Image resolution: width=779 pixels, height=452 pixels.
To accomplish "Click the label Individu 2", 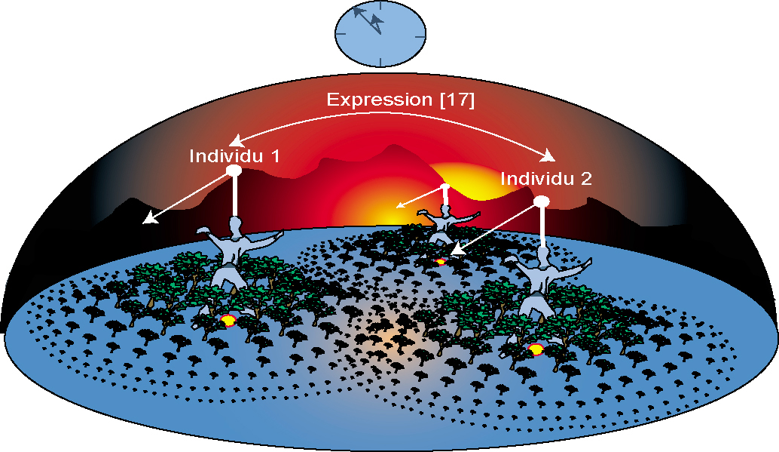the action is (x=546, y=179).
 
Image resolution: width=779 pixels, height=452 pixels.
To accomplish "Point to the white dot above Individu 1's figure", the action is (x=234, y=171).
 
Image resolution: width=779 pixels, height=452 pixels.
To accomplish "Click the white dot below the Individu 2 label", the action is (x=541, y=201).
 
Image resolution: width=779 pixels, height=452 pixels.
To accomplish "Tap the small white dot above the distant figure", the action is (x=444, y=186).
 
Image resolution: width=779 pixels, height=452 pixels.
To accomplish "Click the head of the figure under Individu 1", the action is (x=235, y=223).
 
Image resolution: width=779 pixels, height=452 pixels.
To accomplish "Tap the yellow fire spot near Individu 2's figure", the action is (x=536, y=349).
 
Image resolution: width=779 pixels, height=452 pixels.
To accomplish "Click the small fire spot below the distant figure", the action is (x=441, y=262).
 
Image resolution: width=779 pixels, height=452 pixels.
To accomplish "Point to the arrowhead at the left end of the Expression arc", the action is (x=235, y=141).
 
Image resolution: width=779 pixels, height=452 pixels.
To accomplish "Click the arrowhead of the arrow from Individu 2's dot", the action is (x=454, y=251).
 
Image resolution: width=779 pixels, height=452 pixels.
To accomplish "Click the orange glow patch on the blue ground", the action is (x=392, y=336).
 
